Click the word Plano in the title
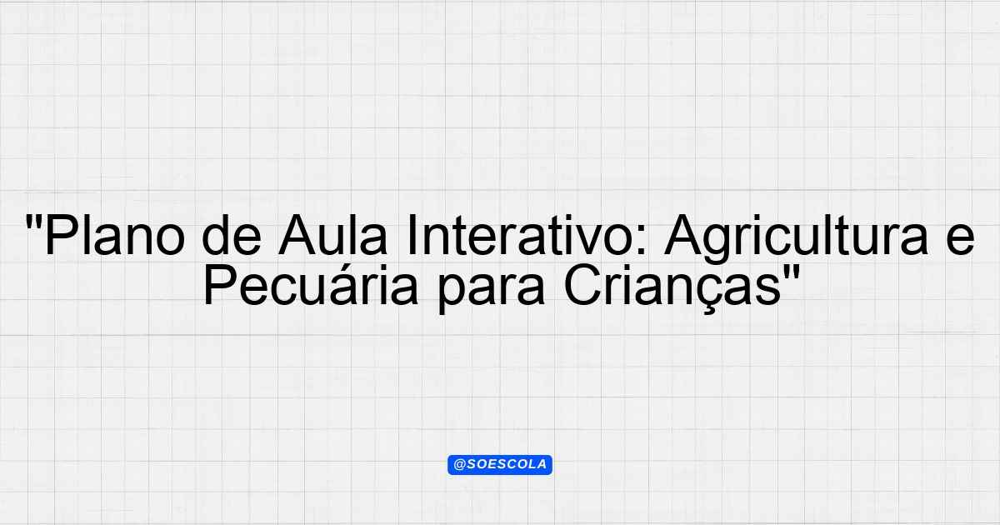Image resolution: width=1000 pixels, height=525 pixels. pos(115,234)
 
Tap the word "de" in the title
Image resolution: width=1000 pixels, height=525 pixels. pos(232,234)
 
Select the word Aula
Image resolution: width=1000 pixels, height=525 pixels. pos(332,234)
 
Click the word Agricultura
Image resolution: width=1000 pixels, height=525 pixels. pos(797,240)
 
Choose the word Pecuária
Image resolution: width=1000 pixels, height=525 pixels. pos(311,285)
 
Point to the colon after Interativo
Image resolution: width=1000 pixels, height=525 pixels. pos(642,241)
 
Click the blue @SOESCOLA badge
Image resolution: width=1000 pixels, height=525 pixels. pos(500,465)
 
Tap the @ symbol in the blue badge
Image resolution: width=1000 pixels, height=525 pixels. pos(459,465)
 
